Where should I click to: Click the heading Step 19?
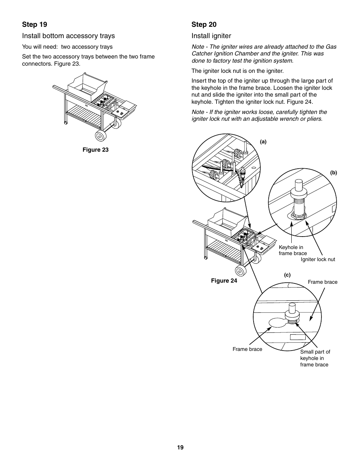[35, 25]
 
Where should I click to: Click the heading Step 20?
[204, 25]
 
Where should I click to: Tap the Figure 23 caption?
[95, 150]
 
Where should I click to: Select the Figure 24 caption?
[224, 281]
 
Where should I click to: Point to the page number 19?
[180, 448]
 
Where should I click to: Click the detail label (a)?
[263, 142]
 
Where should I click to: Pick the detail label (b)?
[334, 173]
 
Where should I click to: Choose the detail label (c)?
[287, 275]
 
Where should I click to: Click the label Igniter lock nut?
[318, 260]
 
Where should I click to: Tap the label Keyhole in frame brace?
[292, 251]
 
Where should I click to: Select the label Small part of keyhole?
[315, 358]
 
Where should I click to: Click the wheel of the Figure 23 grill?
[101, 136]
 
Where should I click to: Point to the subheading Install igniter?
[211, 36]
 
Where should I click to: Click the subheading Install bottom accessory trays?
[68, 36]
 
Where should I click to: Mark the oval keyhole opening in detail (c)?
[277, 323]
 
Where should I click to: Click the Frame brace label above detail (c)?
[322, 282]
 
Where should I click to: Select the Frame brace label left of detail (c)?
[247, 349]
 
